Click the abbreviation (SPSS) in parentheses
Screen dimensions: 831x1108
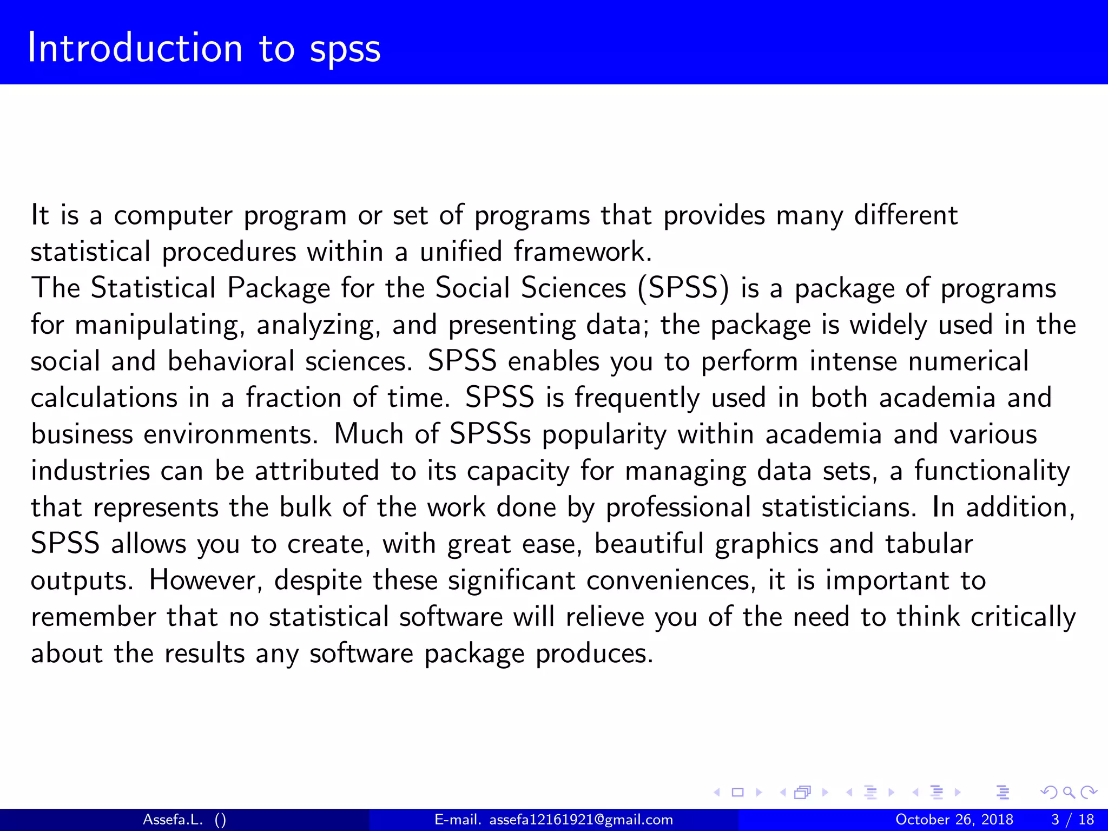pyautogui.click(x=683, y=288)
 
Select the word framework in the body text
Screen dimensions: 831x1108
pyautogui.click(x=582, y=252)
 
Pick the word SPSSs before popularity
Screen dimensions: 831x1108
pyautogui.click(x=490, y=434)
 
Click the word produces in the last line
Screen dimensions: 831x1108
pyautogui.click(x=594, y=654)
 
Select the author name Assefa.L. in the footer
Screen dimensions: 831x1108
pyautogui.click(x=173, y=820)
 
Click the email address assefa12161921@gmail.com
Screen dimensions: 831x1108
pyautogui.click(x=581, y=820)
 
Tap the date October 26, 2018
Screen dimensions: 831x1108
pyautogui.click(x=954, y=820)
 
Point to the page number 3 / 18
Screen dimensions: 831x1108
pyautogui.click(x=1072, y=820)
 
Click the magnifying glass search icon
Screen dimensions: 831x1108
pyautogui.click(x=1069, y=793)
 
